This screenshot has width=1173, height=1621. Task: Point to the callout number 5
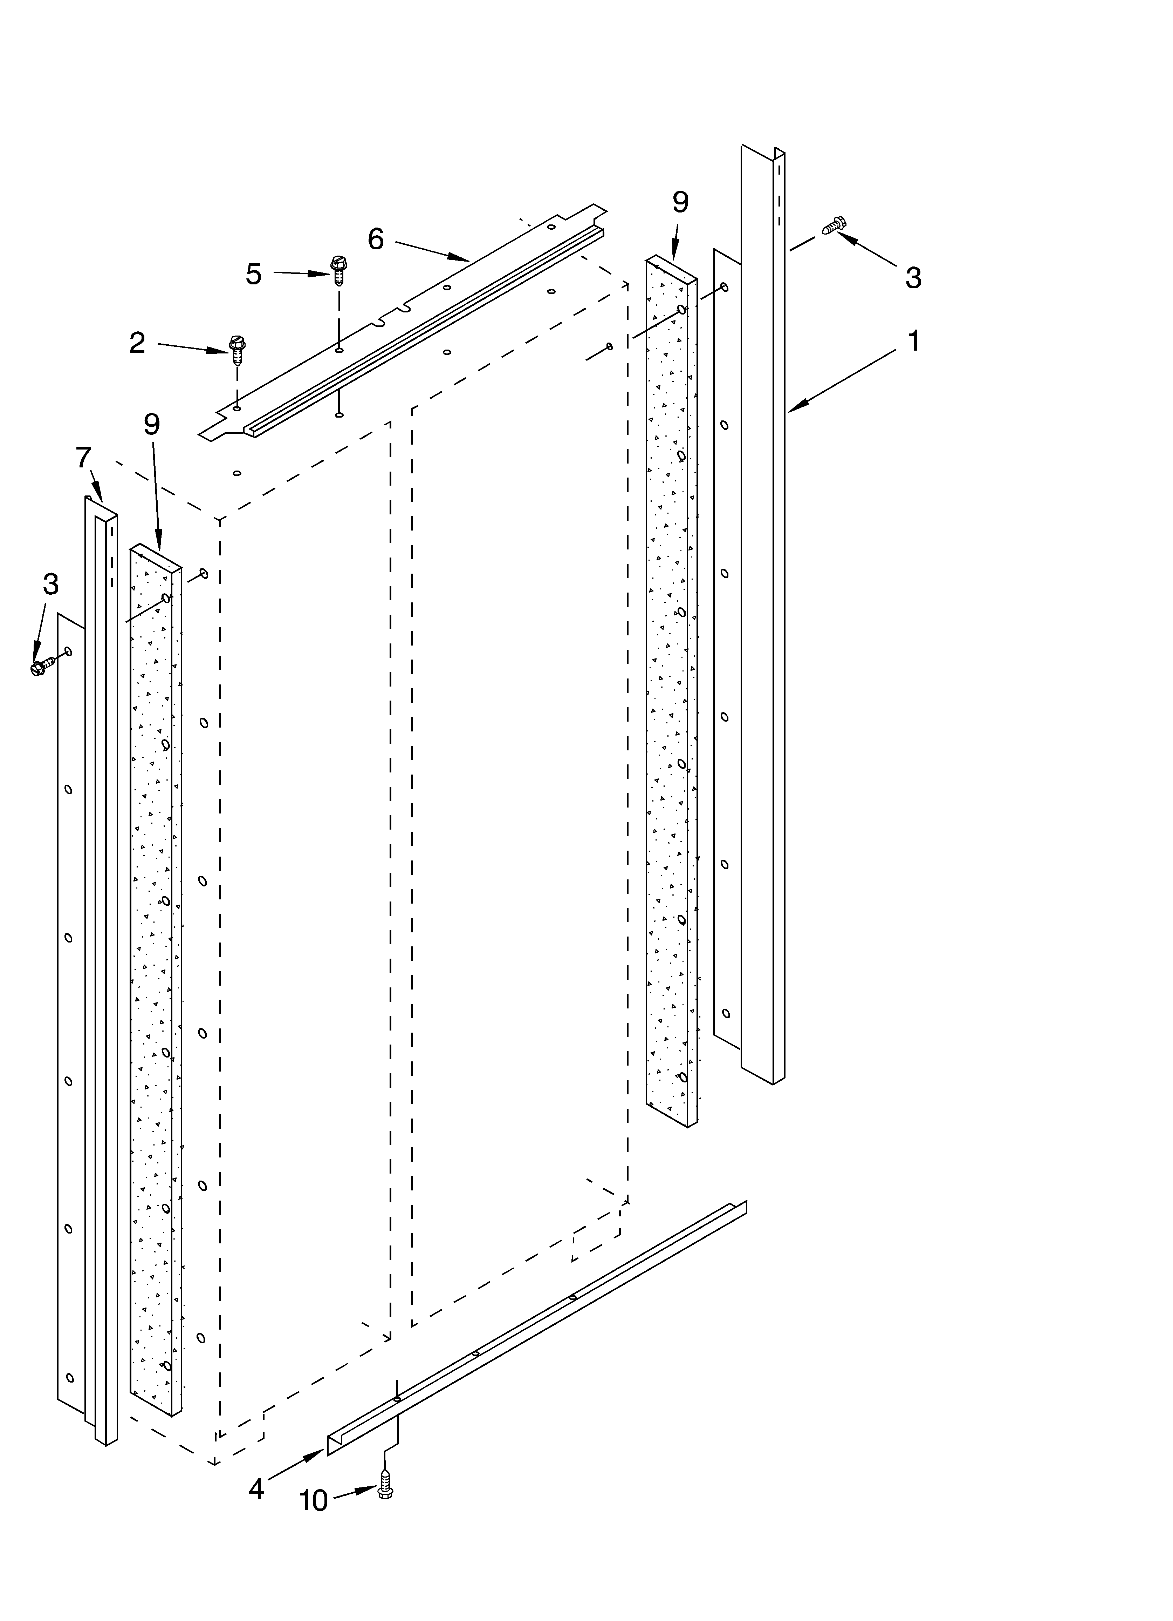point(254,274)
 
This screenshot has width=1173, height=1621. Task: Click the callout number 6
point(376,239)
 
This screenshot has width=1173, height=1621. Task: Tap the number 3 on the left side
point(50,584)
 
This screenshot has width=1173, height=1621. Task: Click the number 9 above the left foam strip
point(151,425)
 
